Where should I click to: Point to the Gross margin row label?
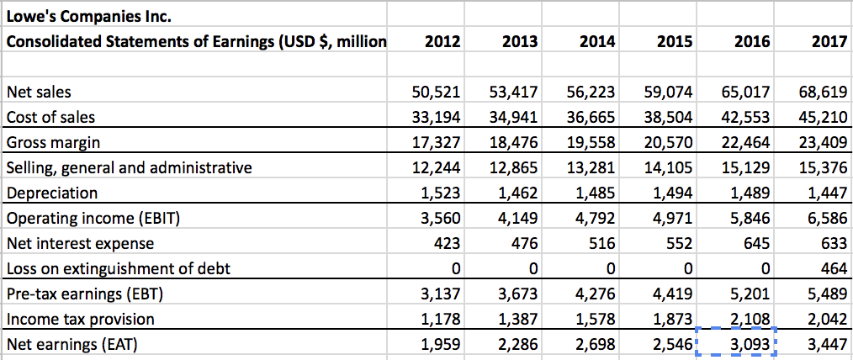click(53, 142)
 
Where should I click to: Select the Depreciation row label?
click(52, 193)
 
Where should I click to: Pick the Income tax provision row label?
click(81, 319)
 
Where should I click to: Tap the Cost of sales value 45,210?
click(824, 117)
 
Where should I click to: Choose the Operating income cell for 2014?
click(596, 218)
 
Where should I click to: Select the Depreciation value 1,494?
click(673, 193)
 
